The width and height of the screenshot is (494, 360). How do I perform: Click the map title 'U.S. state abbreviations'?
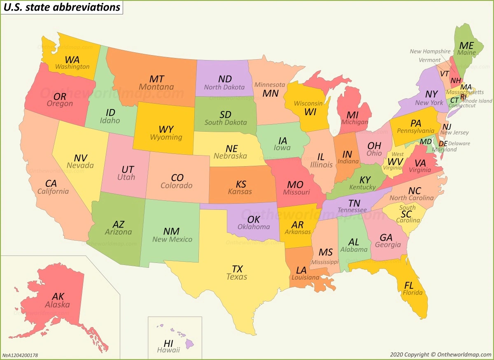tap(62, 7)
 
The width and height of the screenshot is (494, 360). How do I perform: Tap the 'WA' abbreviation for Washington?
tap(72, 60)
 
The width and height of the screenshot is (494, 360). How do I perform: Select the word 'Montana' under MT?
tap(156, 87)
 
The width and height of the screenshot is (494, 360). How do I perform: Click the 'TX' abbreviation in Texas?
tap(237, 269)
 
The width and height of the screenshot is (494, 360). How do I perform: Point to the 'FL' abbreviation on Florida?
tap(409, 285)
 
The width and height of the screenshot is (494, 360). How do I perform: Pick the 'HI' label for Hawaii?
tap(168, 343)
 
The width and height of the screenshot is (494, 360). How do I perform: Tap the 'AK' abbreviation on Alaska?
tap(58, 297)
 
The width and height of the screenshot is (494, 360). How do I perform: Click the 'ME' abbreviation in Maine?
tap(466, 46)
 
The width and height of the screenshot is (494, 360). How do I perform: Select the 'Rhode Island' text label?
tap(477, 101)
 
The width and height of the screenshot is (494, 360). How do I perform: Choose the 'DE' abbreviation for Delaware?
tap(443, 144)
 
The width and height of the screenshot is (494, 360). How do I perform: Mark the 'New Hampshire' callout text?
tap(430, 51)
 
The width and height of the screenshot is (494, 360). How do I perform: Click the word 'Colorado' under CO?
tap(177, 186)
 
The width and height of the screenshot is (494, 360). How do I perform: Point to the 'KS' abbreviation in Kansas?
tap(241, 184)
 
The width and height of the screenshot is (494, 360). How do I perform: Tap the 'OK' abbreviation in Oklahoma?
tap(254, 220)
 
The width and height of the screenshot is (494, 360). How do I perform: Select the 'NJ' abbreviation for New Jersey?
tap(447, 126)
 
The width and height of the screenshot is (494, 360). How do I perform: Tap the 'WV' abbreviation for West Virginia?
tap(395, 161)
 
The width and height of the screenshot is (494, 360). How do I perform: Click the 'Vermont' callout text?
tap(429, 60)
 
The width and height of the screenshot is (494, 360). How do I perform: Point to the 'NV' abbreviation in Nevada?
tap(81, 158)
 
